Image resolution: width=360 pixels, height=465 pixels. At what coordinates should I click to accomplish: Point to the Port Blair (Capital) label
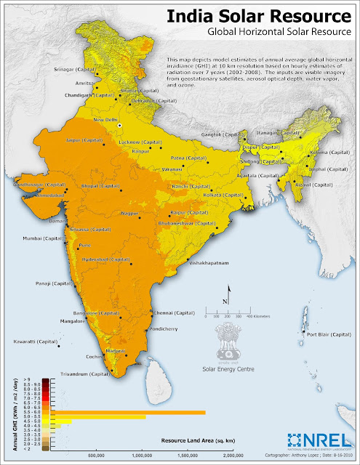[x=328, y=335]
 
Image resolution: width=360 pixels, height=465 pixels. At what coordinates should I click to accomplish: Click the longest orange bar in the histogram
[x=128, y=412]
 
